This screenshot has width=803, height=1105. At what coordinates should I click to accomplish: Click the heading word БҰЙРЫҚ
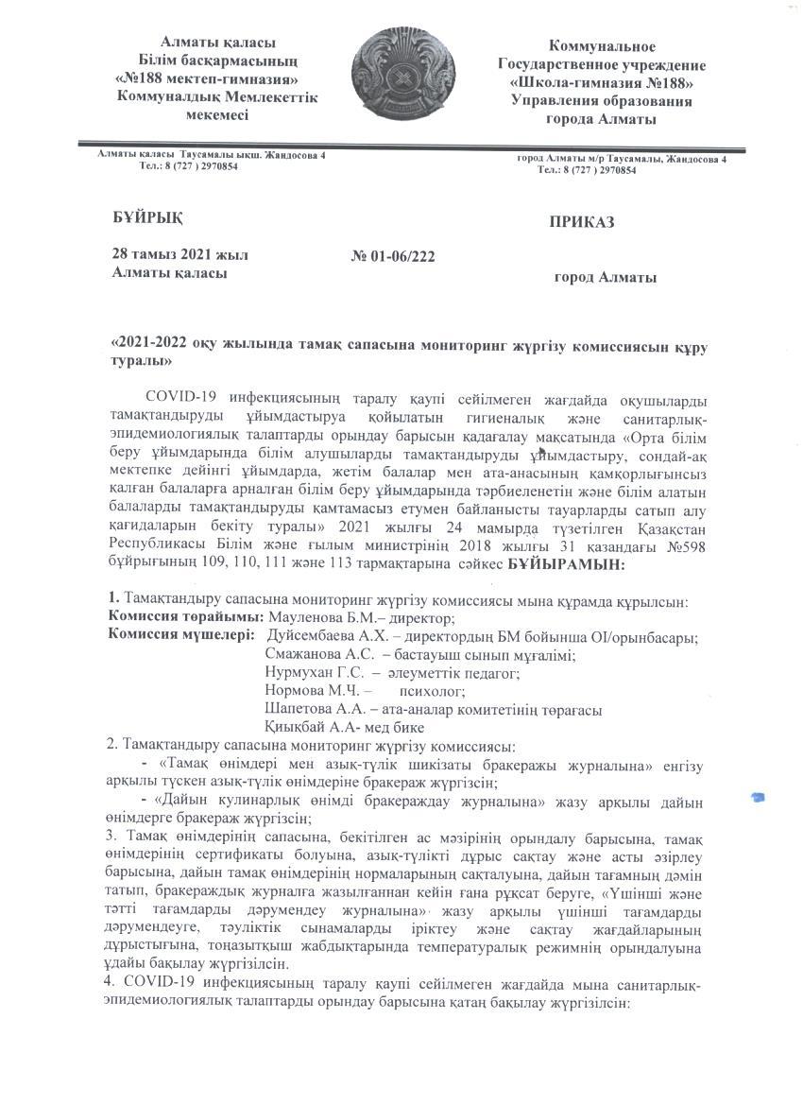147,217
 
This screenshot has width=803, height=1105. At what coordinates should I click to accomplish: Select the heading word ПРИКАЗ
581,222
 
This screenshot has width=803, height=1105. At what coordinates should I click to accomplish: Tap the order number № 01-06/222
393,255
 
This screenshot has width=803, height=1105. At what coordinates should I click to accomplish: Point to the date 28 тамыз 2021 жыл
179,254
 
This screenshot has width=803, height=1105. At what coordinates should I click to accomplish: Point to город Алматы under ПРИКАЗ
605,277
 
